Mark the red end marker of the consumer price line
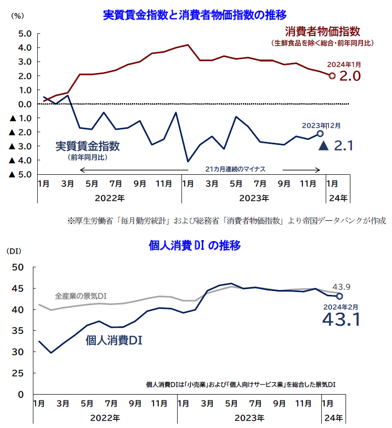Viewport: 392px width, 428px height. coord(332,76)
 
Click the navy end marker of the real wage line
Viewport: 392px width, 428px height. coord(319,134)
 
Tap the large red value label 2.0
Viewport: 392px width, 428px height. coord(350,76)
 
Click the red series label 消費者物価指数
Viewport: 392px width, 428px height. coord(322,32)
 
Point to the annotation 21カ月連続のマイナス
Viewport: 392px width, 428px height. coord(236,169)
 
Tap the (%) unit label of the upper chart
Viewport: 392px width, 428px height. coord(17,16)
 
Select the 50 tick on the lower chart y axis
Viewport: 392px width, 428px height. coord(17,267)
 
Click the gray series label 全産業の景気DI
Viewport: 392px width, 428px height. coord(81,295)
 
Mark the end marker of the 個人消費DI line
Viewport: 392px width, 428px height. coord(339,296)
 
